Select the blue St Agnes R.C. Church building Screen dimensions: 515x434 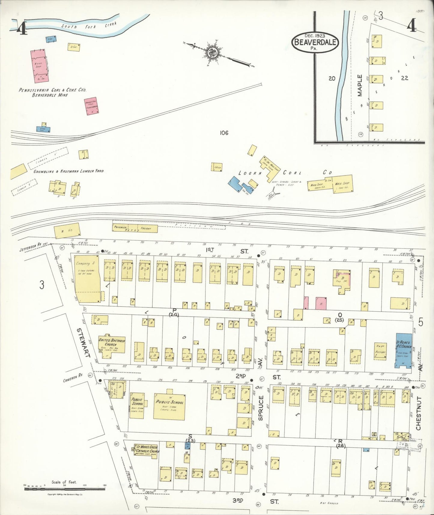point(403,350)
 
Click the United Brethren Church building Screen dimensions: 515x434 point(111,346)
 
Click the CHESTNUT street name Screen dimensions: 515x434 point(418,413)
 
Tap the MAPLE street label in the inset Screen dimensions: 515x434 point(360,85)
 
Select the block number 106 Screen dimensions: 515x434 point(224,133)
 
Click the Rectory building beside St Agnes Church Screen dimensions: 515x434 point(380,350)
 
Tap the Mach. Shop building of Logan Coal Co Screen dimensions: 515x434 point(342,183)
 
